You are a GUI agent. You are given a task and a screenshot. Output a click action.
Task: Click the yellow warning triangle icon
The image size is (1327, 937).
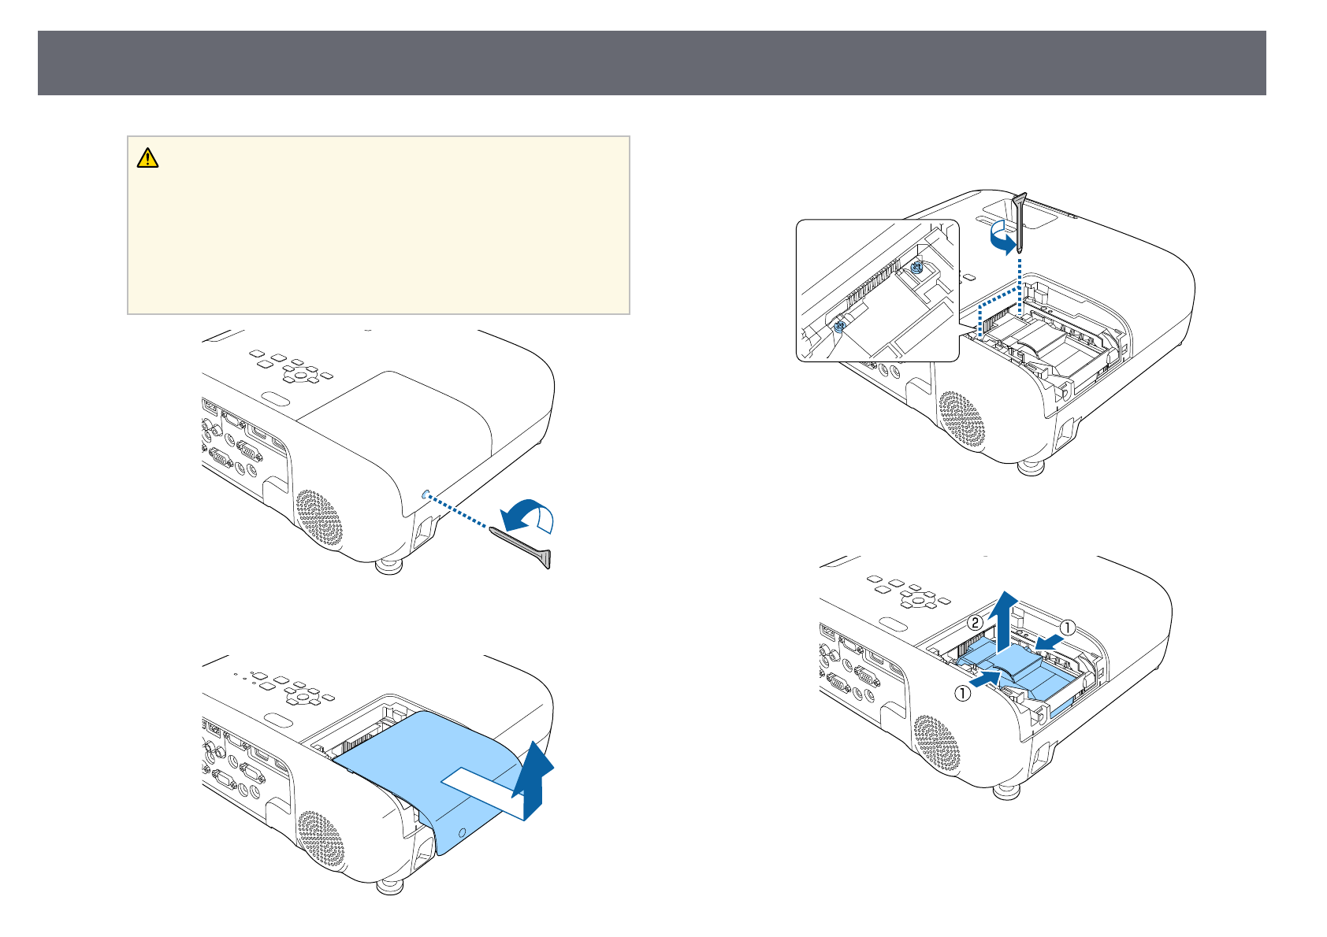click(147, 158)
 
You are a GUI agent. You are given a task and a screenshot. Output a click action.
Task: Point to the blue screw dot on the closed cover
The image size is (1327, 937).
click(426, 495)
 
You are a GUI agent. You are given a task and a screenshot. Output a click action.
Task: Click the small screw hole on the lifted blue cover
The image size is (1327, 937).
click(463, 831)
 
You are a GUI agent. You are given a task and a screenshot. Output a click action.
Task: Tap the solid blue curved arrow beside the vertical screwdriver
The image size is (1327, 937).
click(1002, 239)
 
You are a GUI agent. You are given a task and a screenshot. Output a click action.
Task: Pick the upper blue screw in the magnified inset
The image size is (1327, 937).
click(916, 269)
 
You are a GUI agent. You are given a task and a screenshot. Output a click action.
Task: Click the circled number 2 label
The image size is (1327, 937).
click(975, 624)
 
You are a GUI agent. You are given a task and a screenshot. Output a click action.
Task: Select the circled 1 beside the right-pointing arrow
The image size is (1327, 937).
click(962, 694)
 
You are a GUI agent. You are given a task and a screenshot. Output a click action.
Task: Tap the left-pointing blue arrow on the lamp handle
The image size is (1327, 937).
click(1049, 643)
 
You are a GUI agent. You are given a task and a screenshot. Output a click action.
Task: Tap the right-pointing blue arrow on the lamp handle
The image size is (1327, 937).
click(985, 679)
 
